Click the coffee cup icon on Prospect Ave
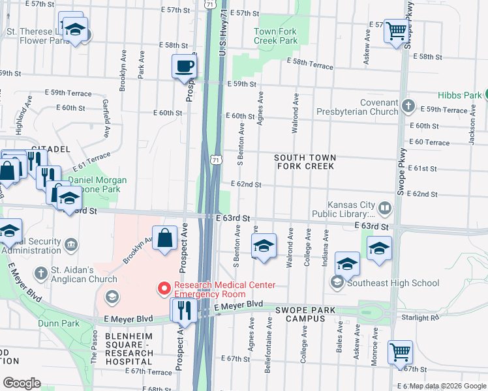point(184,66)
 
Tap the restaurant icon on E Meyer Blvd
point(184,310)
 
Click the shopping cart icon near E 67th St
point(399,353)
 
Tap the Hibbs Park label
point(459,95)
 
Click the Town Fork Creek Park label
point(275,36)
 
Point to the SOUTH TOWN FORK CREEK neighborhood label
point(305,162)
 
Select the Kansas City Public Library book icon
point(385,209)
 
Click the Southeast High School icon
point(337,282)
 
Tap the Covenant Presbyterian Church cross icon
point(408,105)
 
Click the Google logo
point(22,383)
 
